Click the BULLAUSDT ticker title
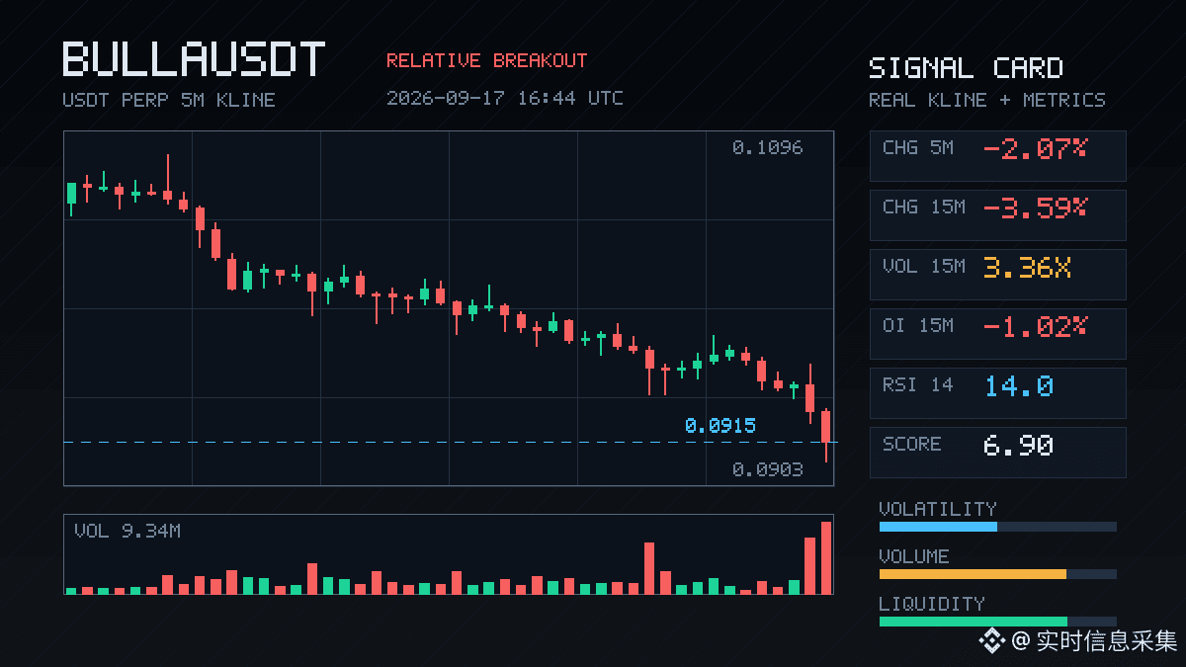pos(194,58)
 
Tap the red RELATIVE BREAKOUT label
pos(487,61)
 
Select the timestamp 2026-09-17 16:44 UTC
pos(505,98)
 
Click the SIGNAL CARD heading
pos(966,68)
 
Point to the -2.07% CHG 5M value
pos(1035,149)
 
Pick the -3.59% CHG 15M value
pos(1035,208)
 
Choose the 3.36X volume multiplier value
pos(1027,268)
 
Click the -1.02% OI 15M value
pos(1035,327)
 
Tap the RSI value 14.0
pos(1019,386)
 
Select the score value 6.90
pos(1018,446)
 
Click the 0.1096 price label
pos(768,147)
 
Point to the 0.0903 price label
pos(768,469)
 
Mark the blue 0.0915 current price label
pos(720,426)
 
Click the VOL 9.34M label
pos(127,531)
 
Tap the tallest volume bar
pos(826,558)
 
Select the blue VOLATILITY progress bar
pos(938,527)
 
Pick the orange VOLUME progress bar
pos(973,574)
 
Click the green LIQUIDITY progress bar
pos(974,622)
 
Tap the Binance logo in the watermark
pos(991,640)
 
